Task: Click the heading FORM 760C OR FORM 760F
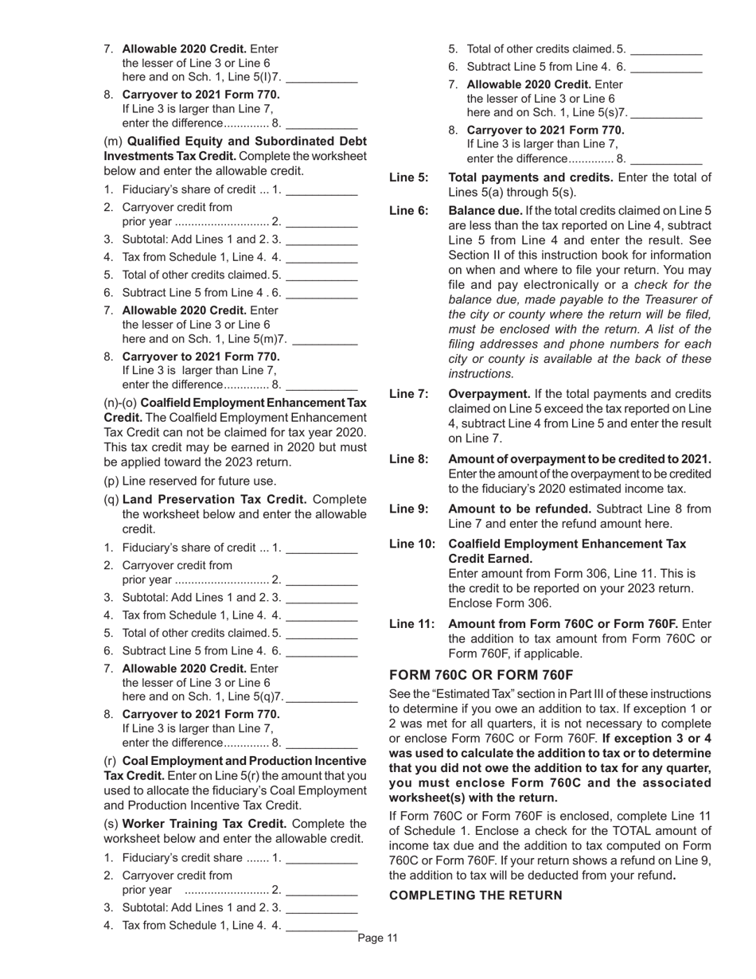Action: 481,675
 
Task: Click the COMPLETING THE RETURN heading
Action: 475,895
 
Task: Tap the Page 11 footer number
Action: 377,938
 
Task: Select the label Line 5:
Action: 408,177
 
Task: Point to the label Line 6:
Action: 408,211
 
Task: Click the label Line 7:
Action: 408,394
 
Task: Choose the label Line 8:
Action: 408,459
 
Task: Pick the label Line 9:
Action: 408,509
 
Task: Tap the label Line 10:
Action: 411,544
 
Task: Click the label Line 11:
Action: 411,624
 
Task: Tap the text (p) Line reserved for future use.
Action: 190,481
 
